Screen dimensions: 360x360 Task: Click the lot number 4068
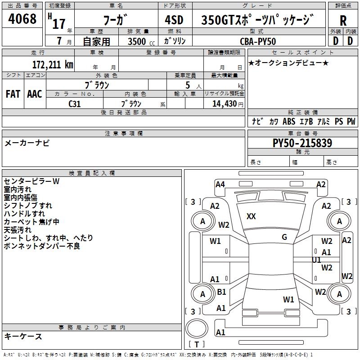[22, 20]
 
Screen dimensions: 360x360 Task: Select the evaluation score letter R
[343, 21]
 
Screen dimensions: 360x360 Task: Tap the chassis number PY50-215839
[302, 144]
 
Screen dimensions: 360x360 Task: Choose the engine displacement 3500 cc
[139, 41]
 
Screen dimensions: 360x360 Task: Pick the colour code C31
[75, 103]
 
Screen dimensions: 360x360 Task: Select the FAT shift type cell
[13, 94]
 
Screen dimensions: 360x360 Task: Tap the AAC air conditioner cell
[35, 94]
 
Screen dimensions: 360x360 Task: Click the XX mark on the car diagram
[251, 216]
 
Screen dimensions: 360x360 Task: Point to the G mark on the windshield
[284, 237]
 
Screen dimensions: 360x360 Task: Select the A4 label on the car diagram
[220, 184]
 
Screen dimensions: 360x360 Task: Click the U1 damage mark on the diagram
[317, 260]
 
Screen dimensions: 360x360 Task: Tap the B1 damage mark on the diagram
[221, 292]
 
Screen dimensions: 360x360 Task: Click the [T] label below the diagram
[197, 345]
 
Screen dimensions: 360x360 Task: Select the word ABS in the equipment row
[289, 121]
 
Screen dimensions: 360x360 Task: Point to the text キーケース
[23, 337]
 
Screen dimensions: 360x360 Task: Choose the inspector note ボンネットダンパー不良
[42, 246]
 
